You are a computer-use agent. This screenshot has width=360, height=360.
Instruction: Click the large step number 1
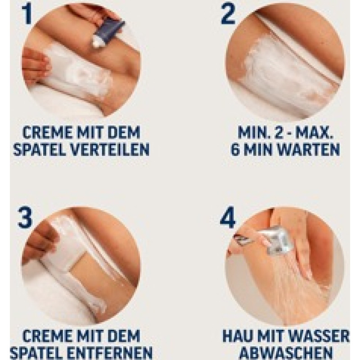click(27, 14)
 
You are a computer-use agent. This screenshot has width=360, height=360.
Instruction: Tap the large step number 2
click(228, 14)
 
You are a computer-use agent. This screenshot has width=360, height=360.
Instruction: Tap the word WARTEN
click(308, 149)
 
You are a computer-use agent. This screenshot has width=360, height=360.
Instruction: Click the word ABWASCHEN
click(286, 352)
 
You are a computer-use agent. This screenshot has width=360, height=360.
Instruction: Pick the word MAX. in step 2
click(314, 132)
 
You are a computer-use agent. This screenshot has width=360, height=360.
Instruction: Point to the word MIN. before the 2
click(253, 132)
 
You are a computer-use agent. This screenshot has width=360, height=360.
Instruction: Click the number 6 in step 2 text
click(235, 149)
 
